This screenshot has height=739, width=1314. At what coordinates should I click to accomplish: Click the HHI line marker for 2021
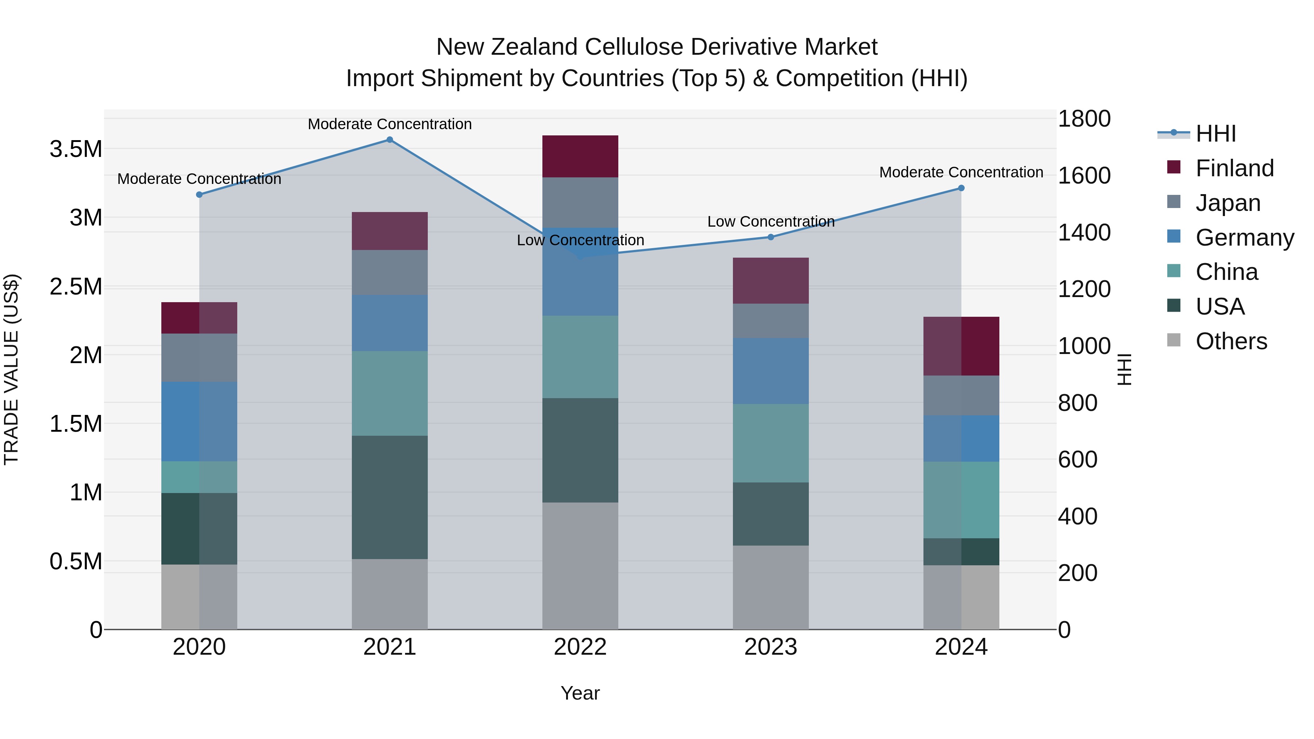point(390,140)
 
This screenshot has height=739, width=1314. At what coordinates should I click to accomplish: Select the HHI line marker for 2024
point(961,188)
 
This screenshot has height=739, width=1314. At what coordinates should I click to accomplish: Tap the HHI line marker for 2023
point(771,237)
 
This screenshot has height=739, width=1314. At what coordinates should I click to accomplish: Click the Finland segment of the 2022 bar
point(580,157)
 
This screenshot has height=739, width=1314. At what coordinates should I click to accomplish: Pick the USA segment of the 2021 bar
point(390,497)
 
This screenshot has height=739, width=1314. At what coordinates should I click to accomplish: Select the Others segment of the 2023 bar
point(771,588)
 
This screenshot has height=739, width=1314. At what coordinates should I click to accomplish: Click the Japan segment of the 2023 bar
point(771,321)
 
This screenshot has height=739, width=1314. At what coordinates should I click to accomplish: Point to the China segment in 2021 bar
point(390,393)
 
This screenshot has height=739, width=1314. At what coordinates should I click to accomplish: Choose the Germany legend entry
point(1244,238)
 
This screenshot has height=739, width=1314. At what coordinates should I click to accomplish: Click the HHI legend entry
point(1215,134)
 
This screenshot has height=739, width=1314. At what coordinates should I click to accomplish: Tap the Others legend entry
point(1230,341)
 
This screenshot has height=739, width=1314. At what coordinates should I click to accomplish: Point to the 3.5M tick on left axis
point(76,149)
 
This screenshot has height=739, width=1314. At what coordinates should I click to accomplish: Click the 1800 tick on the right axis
point(1084,119)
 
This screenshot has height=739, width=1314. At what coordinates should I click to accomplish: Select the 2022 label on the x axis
point(580,647)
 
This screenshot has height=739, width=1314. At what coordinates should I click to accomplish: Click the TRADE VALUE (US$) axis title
point(11,369)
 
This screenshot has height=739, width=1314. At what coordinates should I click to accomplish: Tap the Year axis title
point(580,693)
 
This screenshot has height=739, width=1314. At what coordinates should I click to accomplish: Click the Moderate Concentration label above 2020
point(199,179)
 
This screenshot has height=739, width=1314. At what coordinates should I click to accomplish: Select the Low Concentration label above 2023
point(771,222)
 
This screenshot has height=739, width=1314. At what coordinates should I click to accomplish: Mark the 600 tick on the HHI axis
point(1077,459)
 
